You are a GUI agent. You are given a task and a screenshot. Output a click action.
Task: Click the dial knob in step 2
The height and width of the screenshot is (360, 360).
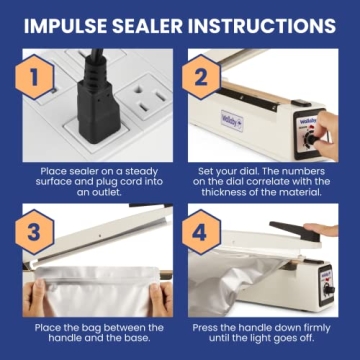coord(321,141)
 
